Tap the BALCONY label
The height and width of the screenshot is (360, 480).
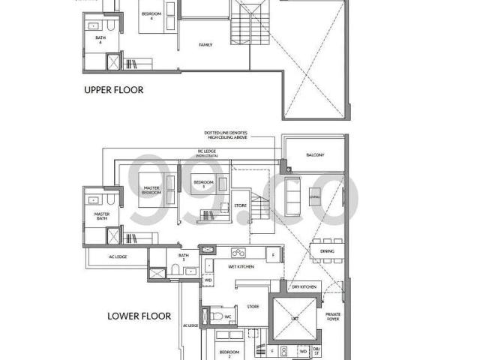pos(315,155)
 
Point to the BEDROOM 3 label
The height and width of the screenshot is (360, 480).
pos(203,182)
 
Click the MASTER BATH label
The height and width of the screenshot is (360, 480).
pos(101,215)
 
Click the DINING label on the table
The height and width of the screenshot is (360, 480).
pos(327,251)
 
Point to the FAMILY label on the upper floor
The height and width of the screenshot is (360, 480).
pos(205,45)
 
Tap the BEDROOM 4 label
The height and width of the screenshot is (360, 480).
pos(154,18)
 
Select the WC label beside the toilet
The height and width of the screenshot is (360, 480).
pos(228,316)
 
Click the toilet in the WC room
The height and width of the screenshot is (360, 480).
pos(215,316)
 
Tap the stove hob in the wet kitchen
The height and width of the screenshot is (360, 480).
pos(238,253)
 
